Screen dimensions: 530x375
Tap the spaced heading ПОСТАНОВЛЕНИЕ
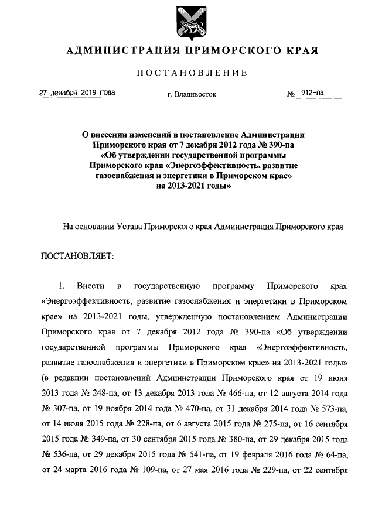pyautogui.click(x=192, y=73)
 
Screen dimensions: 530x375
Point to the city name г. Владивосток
pyautogui.click(x=192, y=94)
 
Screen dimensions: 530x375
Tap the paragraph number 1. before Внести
pyautogui.click(x=60, y=286)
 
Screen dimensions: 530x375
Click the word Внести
pyautogui.click(x=91, y=286)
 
